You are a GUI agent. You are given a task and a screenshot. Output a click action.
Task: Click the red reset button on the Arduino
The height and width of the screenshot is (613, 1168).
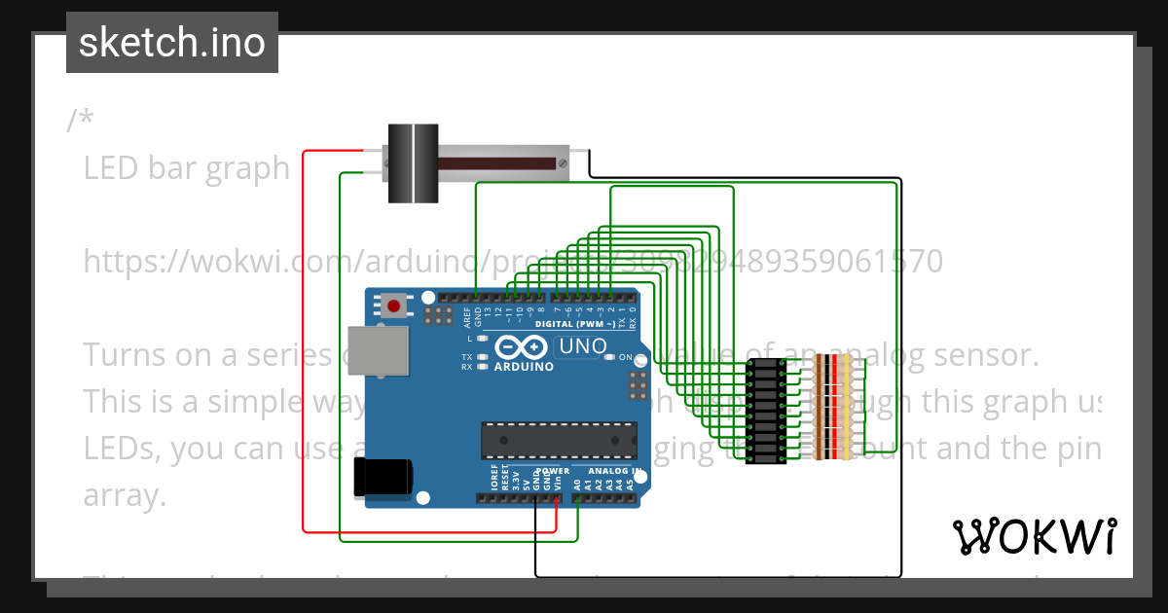pos(393,306)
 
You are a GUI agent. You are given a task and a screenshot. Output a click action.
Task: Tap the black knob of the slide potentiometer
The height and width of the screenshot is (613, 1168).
pos(414,162)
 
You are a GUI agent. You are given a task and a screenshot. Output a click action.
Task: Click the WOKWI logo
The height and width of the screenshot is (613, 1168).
pos(1034,536)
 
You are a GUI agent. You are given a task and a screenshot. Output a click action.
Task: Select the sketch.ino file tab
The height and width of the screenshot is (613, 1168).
pos(172,43)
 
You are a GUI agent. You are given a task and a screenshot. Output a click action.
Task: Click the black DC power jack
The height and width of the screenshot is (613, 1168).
pos(383,476)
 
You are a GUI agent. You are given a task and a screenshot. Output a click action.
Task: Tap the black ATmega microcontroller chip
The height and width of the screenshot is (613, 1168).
pos(559,440)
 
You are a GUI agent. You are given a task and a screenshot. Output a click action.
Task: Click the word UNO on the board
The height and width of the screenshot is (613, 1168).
pos(583,345)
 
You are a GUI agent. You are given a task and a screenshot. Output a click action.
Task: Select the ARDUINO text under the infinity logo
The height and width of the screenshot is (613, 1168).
pos(524,367)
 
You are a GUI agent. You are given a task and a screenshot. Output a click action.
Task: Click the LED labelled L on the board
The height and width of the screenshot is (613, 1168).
pos(482,339)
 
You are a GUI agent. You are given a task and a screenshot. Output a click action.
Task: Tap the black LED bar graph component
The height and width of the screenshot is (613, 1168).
pos(766,411)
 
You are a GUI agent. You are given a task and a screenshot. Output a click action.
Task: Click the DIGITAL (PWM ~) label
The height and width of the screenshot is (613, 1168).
pos(575,323)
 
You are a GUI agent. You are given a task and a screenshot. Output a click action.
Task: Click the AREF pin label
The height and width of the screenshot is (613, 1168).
pos(467,314)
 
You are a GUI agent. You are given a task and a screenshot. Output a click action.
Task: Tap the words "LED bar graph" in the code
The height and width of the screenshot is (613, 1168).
pos(186,168)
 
